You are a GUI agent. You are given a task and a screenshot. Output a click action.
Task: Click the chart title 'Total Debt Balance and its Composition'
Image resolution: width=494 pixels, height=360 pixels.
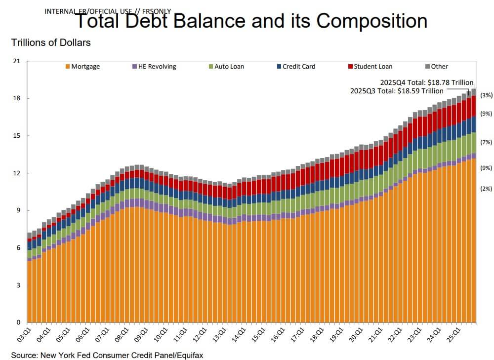click(x=250, y=21)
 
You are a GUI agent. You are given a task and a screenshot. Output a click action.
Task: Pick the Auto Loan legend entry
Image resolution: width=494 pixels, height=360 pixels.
click(x=226, y=67)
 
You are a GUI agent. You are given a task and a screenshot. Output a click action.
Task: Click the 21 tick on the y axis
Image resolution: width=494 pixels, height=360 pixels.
click(x=17, y=61)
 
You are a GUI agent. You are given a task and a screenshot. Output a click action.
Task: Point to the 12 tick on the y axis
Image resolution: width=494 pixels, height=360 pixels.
click(x=17, y=173)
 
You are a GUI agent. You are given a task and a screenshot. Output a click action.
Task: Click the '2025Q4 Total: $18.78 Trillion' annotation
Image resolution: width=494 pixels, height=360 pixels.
click(x=426, y=82)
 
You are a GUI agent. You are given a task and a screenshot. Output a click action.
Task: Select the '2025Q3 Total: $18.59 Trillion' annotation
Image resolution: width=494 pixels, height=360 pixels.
click(x=397, y=91)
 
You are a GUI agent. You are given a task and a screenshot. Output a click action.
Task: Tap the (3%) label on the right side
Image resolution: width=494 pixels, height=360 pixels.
click(x=486, y=95)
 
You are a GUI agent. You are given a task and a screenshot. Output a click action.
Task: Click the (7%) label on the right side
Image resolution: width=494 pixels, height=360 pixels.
click(x=486, y=142)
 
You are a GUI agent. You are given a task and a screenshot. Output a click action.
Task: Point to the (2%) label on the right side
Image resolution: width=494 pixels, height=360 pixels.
click(x=486, y=189)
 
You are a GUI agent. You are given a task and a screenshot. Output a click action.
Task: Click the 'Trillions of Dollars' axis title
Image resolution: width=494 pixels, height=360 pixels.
click(x=51, y=43)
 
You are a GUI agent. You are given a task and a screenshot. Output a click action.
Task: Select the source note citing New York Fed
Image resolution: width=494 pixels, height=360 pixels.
click(x=107, y=355)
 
